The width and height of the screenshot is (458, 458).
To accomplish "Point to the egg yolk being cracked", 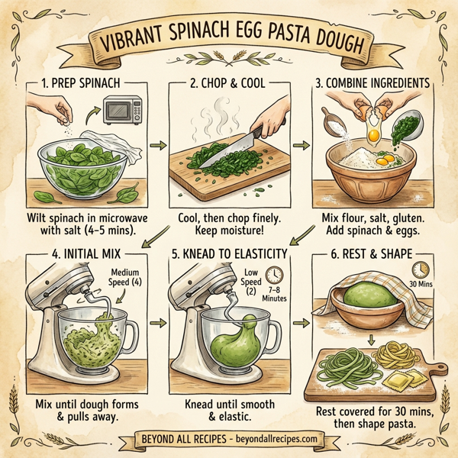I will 373,135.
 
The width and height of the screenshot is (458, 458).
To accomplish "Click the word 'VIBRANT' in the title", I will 142,46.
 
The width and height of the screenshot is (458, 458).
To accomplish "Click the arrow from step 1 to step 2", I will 157,144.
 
